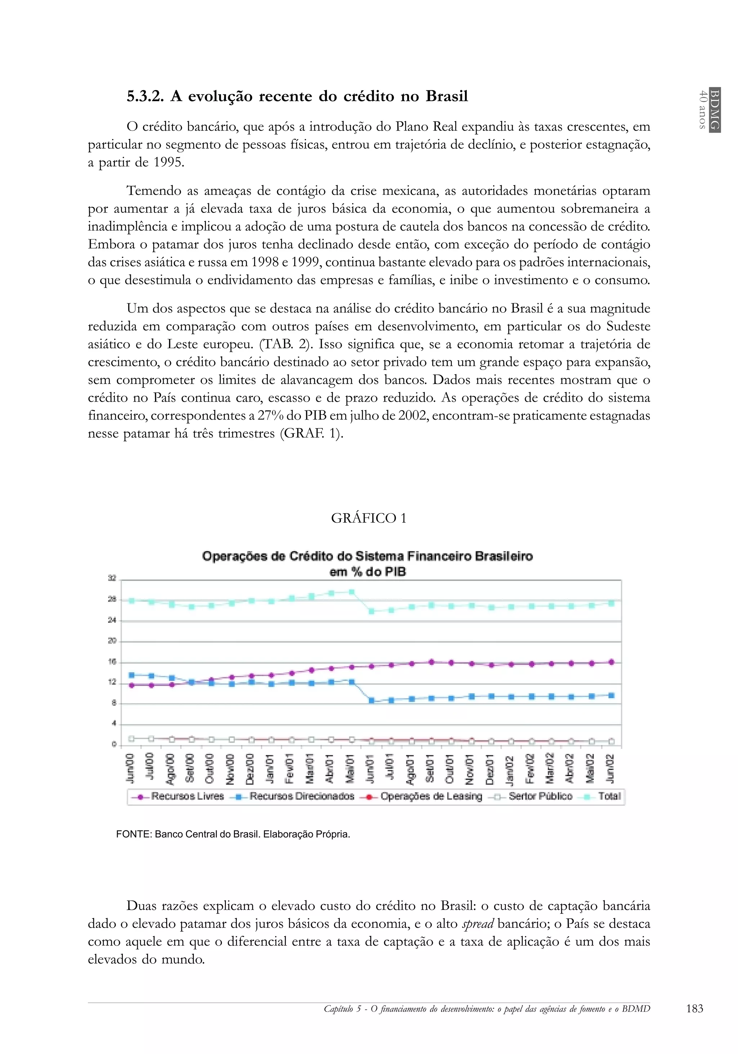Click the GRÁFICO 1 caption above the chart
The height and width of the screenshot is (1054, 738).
368,518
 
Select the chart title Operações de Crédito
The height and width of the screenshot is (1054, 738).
368,557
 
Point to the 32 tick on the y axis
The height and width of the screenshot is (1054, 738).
112,578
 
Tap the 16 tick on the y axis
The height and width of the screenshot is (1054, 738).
112,661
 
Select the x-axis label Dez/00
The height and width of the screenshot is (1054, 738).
251,768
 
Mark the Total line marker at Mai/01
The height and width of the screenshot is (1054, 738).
352,592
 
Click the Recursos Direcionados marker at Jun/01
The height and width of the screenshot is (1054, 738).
372,701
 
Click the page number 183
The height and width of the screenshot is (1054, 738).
694,1009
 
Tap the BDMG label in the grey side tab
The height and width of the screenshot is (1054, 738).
714,109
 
